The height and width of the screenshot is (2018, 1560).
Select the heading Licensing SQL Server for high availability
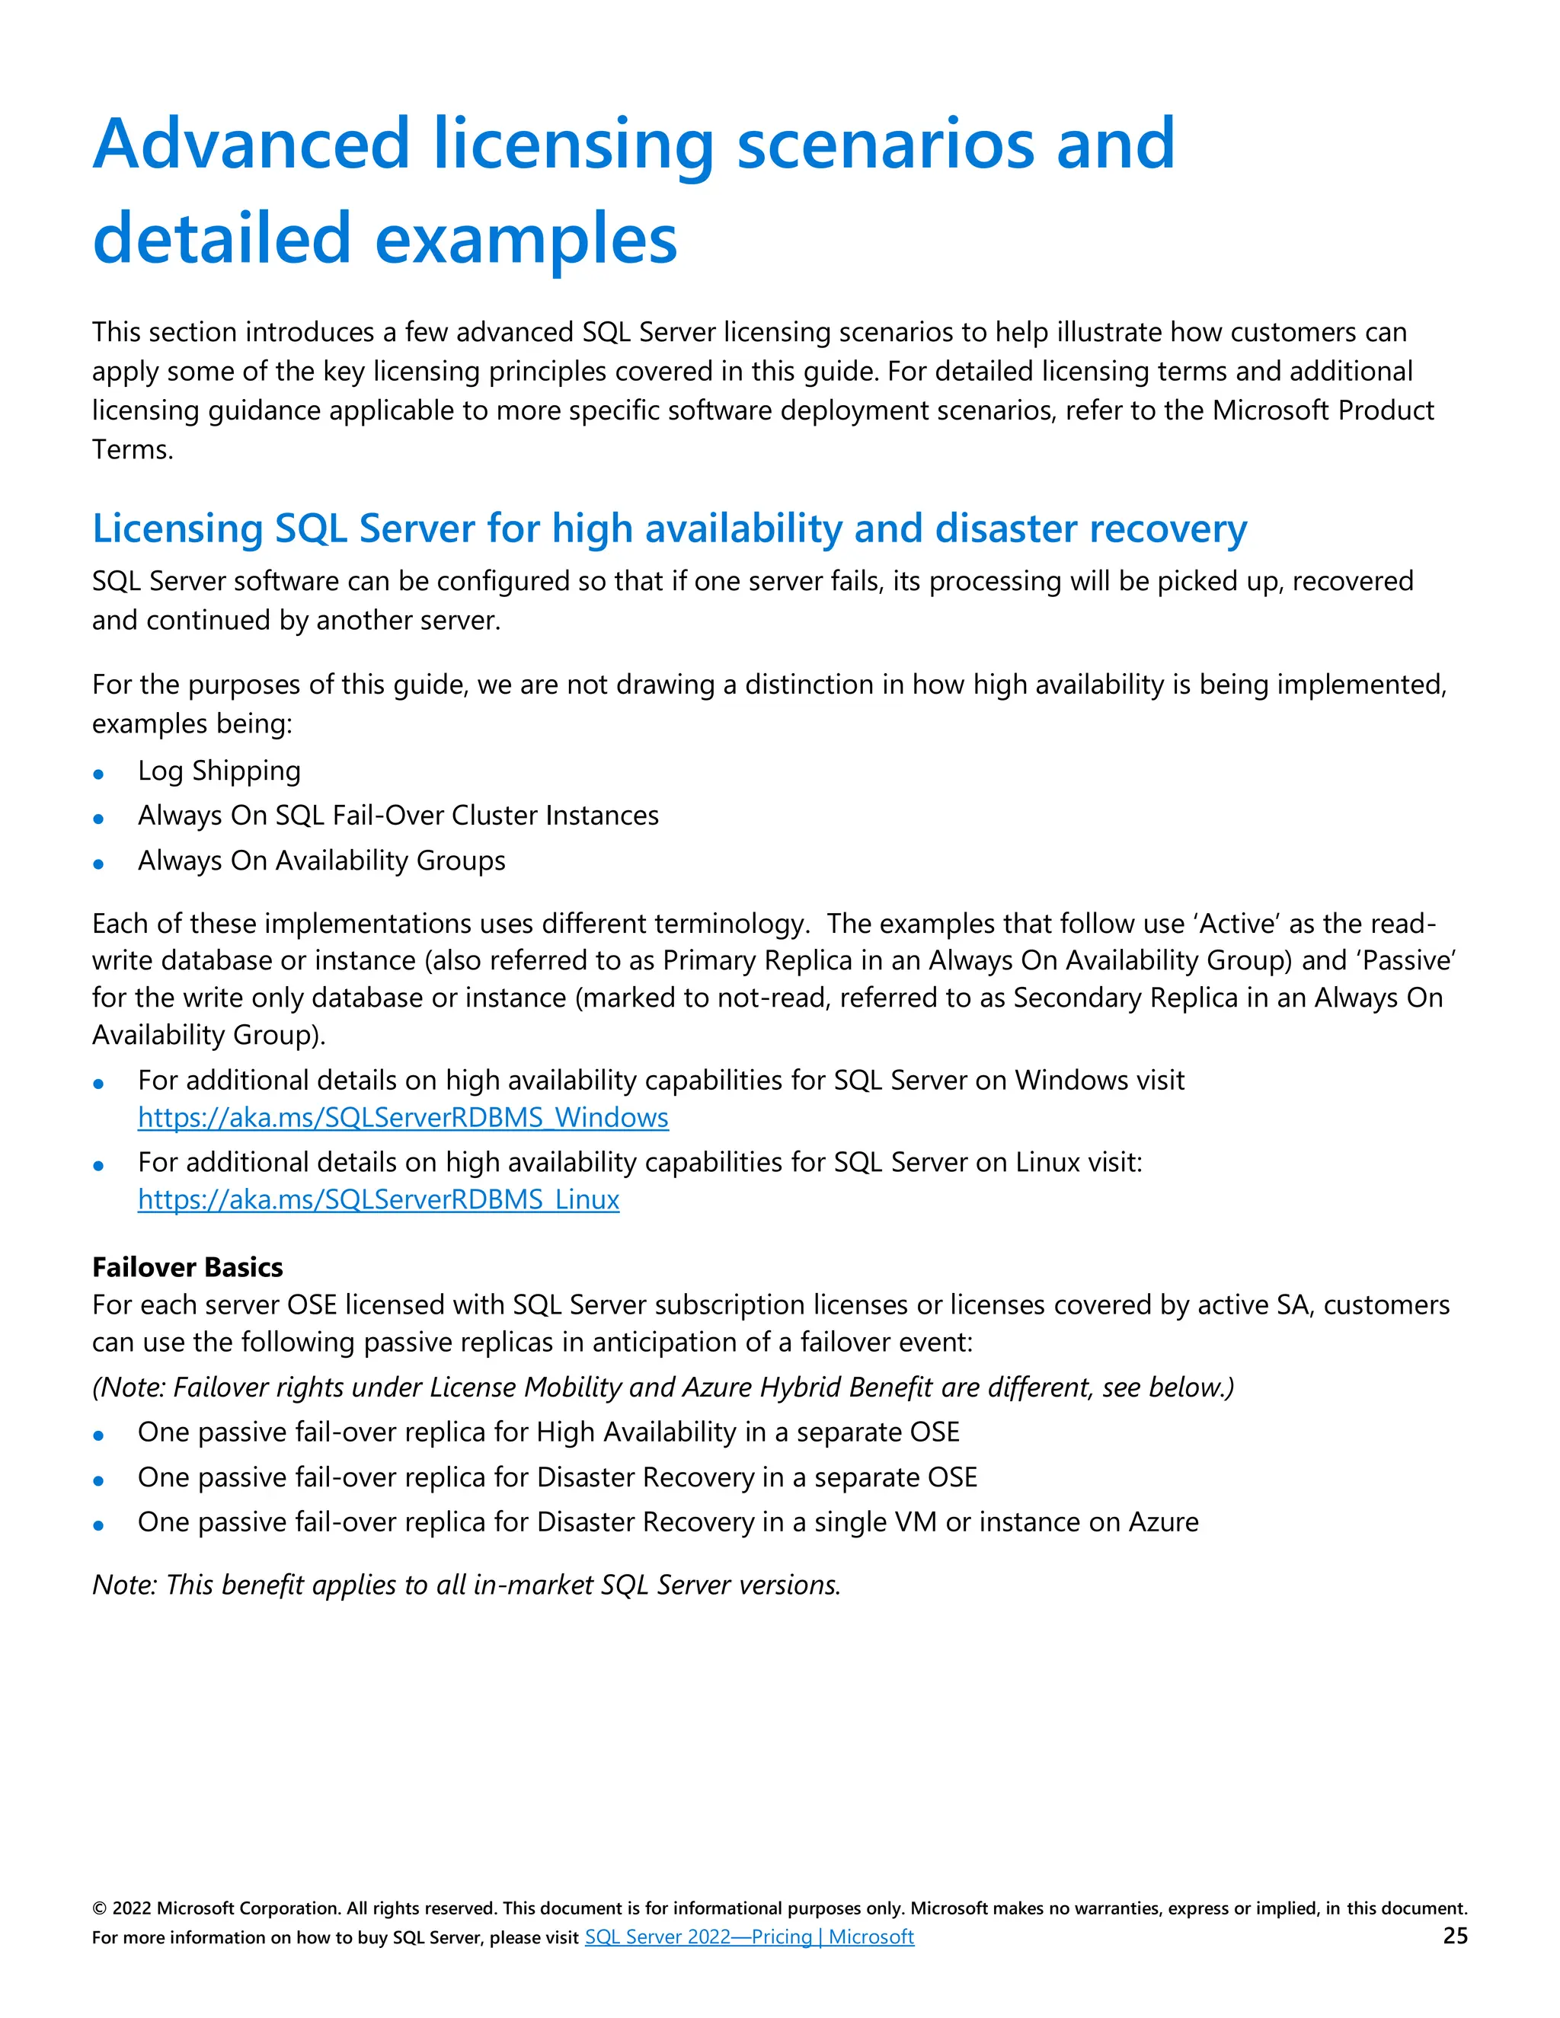669,528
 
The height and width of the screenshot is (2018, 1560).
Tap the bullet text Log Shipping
219,771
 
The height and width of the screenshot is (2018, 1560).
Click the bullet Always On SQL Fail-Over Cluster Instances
398,815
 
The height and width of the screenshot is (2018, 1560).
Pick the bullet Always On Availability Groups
321,861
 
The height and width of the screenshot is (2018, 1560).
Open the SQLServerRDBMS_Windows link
403,1117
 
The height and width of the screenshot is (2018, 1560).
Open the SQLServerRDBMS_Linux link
378,1199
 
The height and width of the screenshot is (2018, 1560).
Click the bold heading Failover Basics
187,1267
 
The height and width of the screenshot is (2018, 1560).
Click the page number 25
1455,1936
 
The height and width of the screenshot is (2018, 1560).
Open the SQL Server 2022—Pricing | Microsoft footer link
749,1937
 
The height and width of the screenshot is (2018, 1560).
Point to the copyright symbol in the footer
99,1909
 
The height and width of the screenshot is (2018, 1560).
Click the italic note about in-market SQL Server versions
465,1585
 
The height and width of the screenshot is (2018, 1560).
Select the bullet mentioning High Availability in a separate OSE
548,1432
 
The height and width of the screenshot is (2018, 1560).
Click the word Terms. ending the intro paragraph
132,450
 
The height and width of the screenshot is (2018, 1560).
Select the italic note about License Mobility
663,1387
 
